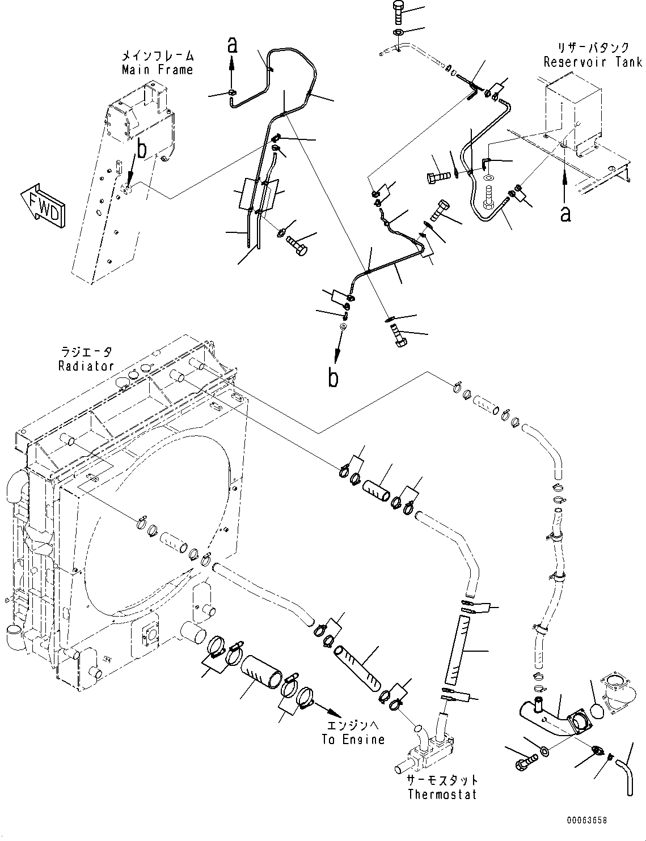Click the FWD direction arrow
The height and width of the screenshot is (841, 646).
coord(43,206)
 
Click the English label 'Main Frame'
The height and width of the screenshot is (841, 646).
coord(157,70)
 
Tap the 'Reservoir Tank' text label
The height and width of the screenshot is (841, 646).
coord(593,62)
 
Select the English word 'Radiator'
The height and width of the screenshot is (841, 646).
coord(86,366)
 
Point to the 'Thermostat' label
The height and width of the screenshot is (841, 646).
coord(442,794)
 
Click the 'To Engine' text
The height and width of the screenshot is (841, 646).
coord(352,739)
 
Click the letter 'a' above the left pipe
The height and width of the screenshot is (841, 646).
coord(231,45)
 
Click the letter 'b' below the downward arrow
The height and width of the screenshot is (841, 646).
coord(333,379)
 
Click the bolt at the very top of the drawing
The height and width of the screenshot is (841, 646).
coord(398,11)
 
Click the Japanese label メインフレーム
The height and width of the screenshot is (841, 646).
coord(157,56)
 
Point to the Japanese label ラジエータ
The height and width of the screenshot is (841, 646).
coord(86,352)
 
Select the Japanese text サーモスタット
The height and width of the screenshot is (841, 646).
coord(442,780)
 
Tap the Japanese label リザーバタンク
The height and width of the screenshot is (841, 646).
coord(593,49)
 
